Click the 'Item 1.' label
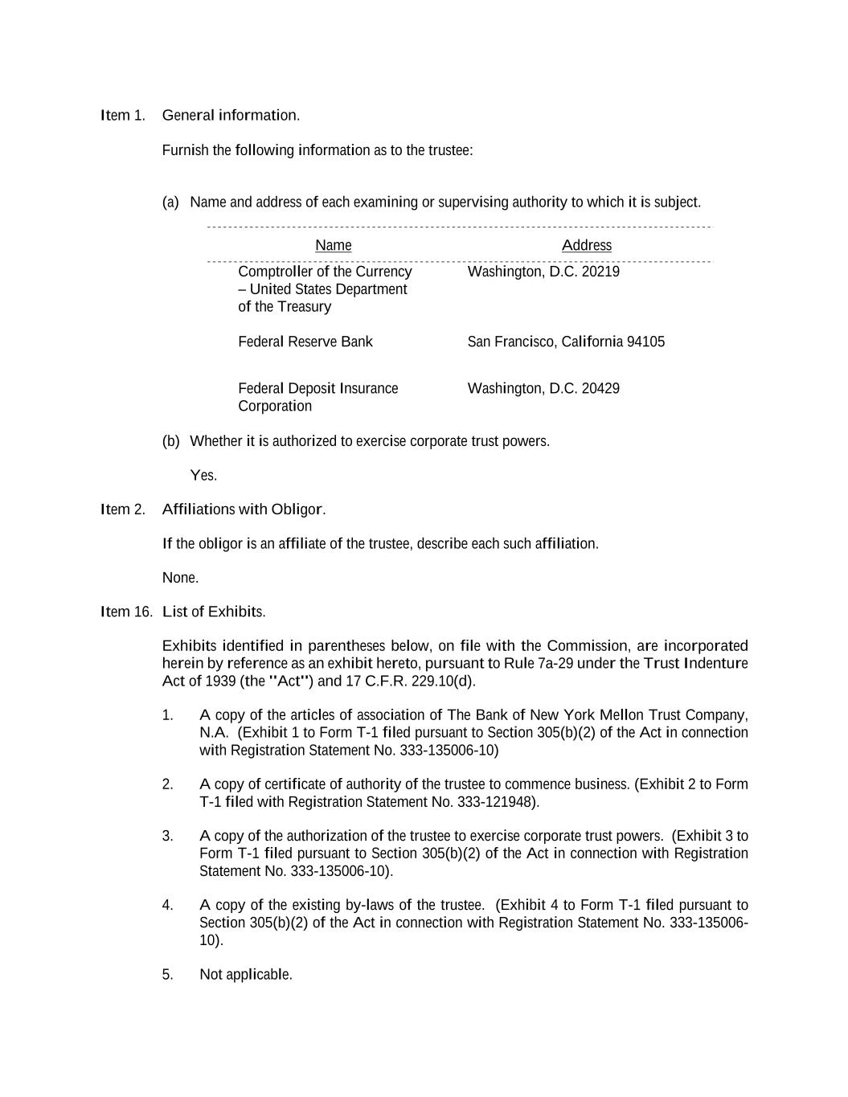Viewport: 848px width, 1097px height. point(123,116)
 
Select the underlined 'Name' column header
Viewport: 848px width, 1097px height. point(333,246)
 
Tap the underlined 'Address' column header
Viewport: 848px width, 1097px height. point(586,246)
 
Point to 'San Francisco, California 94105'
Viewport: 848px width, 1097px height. point(566,342)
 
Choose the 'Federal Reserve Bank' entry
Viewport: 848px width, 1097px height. point(305,342)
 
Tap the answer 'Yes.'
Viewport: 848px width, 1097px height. point(203,476)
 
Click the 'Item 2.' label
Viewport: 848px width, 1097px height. point(123,510)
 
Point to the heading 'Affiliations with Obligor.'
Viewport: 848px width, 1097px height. point(244,510)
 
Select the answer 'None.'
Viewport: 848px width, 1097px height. point(180,578)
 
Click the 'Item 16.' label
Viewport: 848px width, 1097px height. point(126,612)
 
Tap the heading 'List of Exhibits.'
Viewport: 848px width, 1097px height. point(214,612)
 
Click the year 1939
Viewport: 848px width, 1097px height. point(221,682)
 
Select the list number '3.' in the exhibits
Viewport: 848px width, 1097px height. point(167,837)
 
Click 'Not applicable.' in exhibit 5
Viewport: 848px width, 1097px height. point(246,975)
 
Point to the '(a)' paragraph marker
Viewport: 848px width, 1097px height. point(170,203)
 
